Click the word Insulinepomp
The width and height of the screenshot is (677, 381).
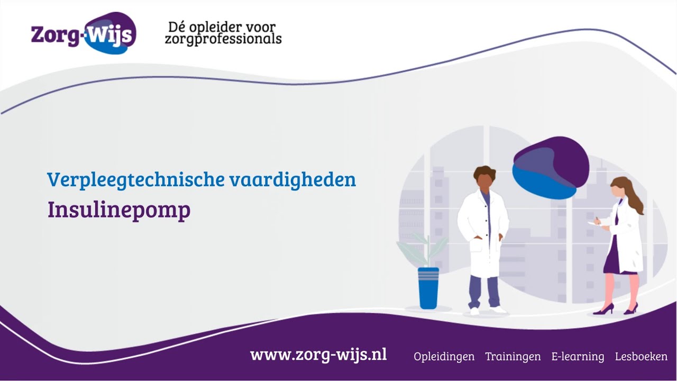pos(119,210)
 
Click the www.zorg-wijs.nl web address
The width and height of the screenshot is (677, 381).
pos(318,355)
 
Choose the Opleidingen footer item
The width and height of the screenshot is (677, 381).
pos(444,357)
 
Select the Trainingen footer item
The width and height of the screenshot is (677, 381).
pos(513,357)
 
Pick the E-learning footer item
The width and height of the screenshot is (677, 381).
pos(578,357)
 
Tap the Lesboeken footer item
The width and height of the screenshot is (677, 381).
pos(641,357)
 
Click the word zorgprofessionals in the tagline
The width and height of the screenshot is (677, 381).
pos(223,40)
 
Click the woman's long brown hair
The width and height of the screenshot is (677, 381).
pos(632,196)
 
